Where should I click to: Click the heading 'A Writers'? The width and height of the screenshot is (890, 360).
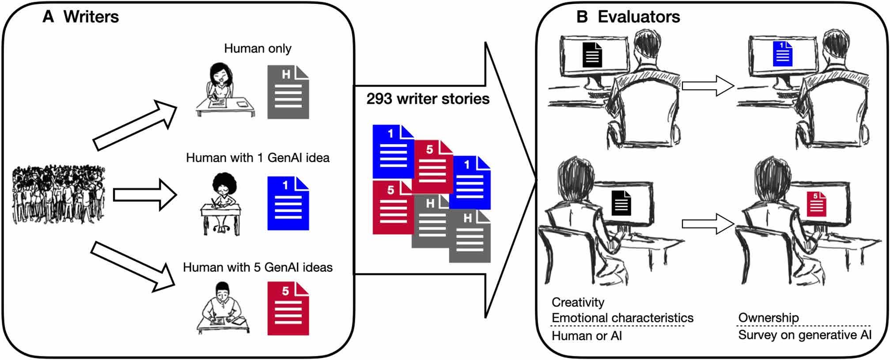click(80, 17)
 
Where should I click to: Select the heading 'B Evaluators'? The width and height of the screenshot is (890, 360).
click(628, 17)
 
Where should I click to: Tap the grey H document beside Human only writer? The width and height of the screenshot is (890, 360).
click(288, 92)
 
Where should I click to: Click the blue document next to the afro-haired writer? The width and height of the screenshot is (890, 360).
click(288, 203)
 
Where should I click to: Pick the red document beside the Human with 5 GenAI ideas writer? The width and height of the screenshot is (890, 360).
click(288, 308)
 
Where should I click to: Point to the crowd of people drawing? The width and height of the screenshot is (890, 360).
click(59, 194)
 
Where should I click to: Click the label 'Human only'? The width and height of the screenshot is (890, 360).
click(258, 48)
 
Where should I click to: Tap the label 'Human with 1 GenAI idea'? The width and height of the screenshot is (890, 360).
click(258, 158)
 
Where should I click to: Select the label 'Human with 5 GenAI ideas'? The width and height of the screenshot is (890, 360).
click(258, 267)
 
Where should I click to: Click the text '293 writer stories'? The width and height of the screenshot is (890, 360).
click(428, 99)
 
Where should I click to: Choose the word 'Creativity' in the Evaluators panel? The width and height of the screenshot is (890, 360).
click(578, 303)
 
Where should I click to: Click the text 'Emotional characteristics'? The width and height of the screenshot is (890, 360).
click(622, 318)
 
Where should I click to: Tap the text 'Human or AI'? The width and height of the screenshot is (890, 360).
click(587, 336)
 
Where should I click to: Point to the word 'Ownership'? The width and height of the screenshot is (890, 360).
click(769, 318)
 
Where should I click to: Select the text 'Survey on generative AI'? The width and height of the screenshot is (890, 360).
click(805, 335)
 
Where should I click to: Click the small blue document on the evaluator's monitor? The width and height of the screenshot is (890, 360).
click(783, 54)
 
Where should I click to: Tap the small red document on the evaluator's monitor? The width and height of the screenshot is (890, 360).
click(816, 204)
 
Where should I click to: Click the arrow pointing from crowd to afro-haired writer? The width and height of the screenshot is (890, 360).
click(145, 194)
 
